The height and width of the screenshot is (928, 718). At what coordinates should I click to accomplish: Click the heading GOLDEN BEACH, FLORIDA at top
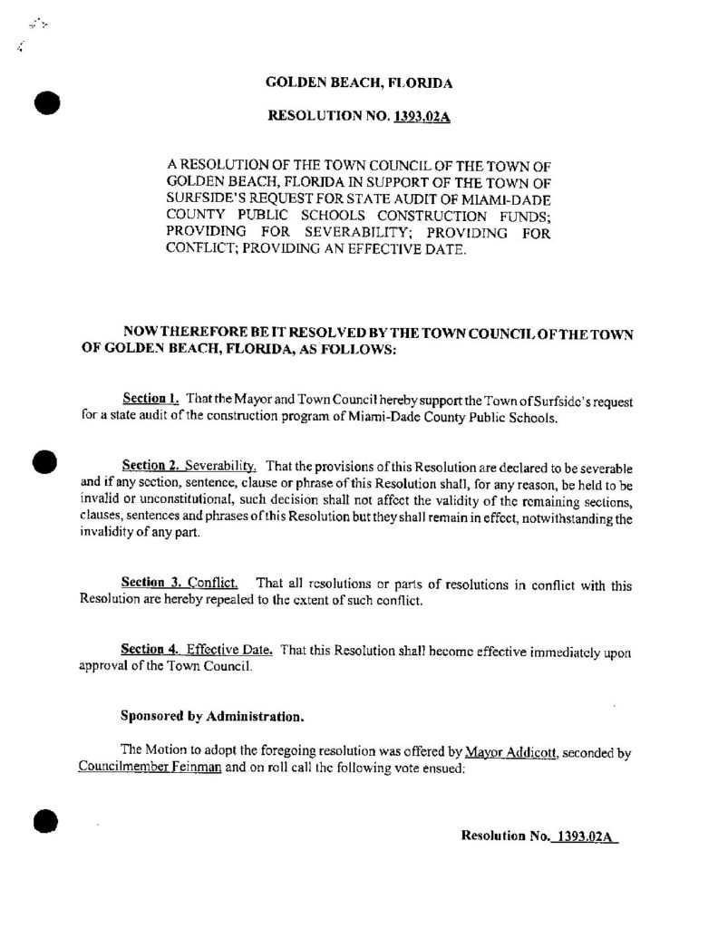tap(359, 82)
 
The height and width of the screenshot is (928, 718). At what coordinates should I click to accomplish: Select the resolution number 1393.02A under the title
tap(422, 116)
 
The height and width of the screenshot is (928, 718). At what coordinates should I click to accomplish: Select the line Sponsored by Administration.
tap(212, 716)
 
